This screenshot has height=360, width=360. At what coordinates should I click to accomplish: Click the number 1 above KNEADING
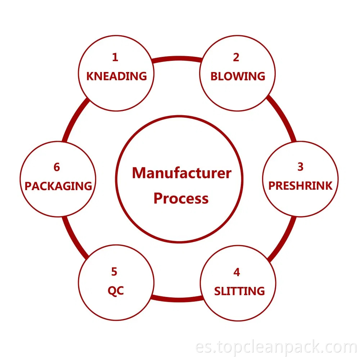115,57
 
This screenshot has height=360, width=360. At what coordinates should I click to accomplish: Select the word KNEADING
117,76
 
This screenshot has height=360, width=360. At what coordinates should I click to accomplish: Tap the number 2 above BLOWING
236,57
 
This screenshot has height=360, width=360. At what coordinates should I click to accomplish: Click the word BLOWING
238,76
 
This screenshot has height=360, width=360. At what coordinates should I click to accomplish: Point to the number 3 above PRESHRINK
301,167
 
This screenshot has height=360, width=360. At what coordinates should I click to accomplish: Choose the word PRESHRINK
301,186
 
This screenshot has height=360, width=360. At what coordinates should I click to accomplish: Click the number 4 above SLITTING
237,272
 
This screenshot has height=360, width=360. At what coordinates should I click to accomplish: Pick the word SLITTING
239,291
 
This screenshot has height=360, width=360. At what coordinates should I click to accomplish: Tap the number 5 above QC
114,272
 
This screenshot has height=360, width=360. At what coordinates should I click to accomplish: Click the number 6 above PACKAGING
57,167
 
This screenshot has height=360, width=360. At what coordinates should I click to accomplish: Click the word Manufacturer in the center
181,173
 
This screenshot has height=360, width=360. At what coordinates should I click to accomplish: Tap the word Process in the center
181,198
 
